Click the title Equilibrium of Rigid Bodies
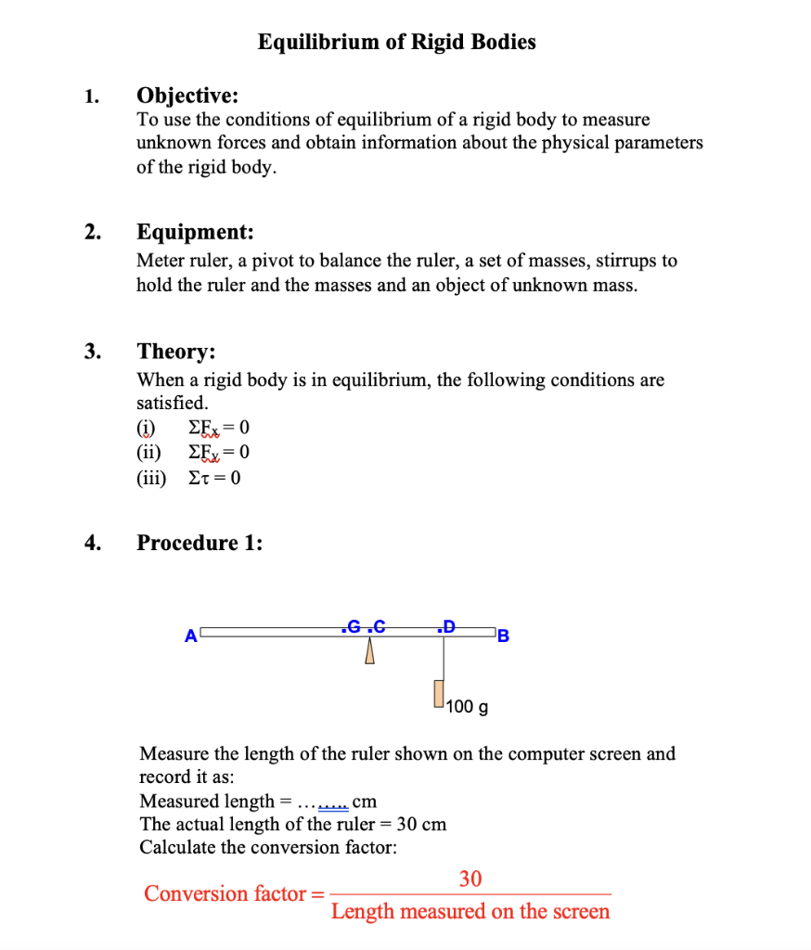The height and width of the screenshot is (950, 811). click(396, 42)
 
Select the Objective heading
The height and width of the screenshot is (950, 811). click(187, 96)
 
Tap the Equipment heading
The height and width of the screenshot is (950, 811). click(195, 232)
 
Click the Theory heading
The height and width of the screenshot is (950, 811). click(176, 352)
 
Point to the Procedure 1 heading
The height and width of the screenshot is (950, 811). click(200, 543)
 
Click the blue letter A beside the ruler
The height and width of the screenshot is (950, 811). click(190, 636)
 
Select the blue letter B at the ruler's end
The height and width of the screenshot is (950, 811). click(503, 636)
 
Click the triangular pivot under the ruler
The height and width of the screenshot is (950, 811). click(368, 653)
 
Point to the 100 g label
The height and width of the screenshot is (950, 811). click(467, 708)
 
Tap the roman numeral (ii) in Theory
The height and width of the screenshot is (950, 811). click(148, 453)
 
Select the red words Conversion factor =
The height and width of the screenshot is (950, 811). click(233, 894)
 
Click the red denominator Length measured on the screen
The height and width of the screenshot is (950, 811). click(470, 911)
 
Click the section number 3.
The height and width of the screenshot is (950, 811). click(91, 352)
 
